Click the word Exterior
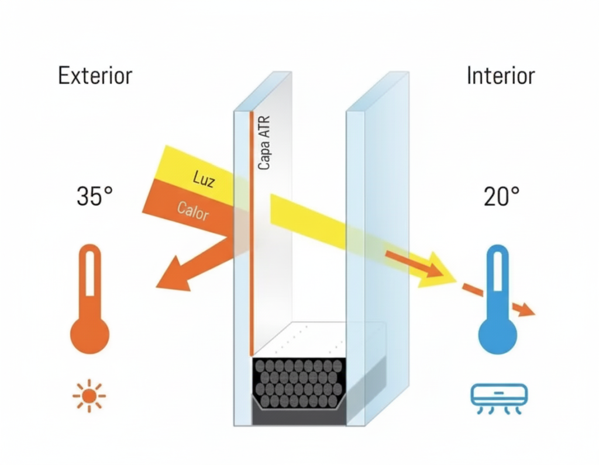pos(95,76)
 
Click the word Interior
pos(501,76)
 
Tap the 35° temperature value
pos(94,197)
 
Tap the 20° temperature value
pos(501,197)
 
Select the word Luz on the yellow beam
pos(204,179)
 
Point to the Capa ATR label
pos(264,143)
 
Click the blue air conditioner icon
pos(499,396)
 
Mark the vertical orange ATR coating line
pos(252,234)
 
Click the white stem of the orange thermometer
pos(89,275)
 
